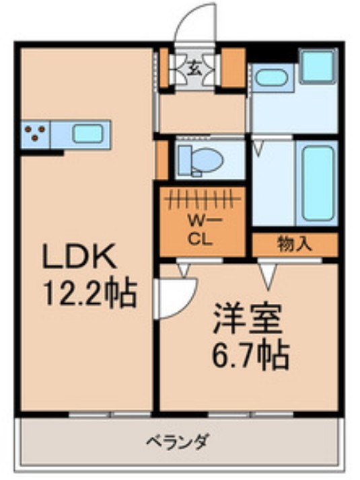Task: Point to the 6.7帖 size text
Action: click(249, 354)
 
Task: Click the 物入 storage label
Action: click(294, 243)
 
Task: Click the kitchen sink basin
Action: click(87, 133)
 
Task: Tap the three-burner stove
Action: click(35, 133)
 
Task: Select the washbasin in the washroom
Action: click(271, 77)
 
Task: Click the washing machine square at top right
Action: click(316, 66)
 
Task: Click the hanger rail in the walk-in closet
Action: click(203, 199)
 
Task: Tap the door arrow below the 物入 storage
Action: click(268, 272)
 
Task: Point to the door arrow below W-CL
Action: click(183, 269)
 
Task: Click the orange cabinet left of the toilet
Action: click(161, 159)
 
